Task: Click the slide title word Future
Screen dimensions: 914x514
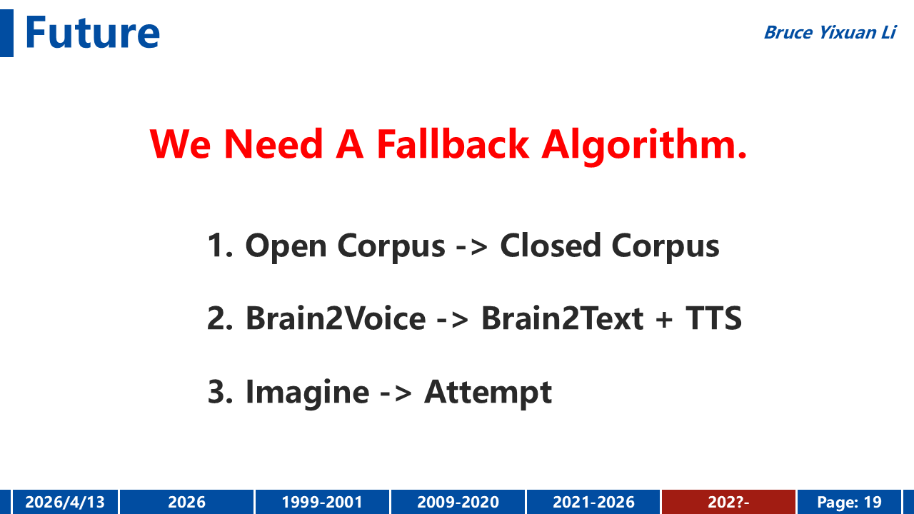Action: (x=92, y=32)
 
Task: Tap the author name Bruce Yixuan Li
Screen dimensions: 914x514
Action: (x=830, y=33)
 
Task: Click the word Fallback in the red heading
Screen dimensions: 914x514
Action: (x=453, y=144)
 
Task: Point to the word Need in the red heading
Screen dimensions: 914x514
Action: (x=273, y=144)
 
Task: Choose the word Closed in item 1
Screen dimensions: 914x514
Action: (x=551, y=246)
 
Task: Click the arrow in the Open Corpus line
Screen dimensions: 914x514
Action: (x=472, y=247)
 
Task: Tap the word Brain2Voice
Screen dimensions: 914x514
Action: (x=336, y=318)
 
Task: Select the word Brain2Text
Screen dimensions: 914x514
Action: (x=562, y=318)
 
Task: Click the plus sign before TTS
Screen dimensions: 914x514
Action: (x=664, y=319)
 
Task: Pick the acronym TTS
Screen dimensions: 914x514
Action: (x=713, y=318)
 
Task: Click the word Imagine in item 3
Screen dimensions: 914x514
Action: (x=308, y=393)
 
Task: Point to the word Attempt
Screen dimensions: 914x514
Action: (x=488, y=393)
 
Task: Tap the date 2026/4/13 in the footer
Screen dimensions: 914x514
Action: (x=65, y=502)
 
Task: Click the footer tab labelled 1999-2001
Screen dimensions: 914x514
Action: (x=322, y=502)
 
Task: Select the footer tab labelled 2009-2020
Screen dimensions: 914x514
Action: (x=458, y=502)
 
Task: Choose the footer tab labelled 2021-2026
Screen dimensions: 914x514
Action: (x=593, y=502)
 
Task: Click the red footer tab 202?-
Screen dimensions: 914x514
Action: (x=728, y=502)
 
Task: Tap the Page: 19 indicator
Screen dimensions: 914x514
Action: (x=849, y=502)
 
